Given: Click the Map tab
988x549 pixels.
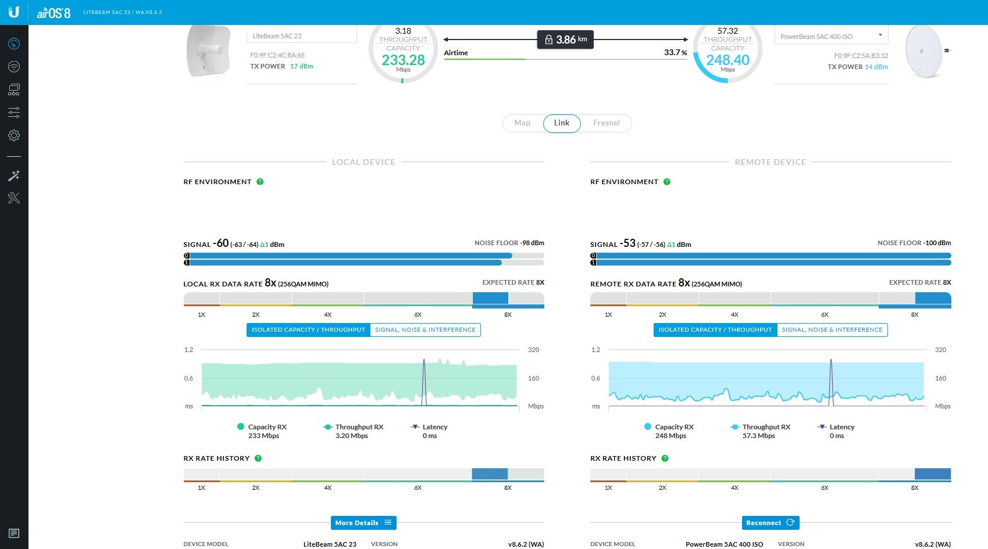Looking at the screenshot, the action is coord(522,123).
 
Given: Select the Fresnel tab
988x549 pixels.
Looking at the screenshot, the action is coord(607,123).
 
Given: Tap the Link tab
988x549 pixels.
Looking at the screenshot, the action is coord(562,123).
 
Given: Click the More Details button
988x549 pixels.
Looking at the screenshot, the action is coord(363,522).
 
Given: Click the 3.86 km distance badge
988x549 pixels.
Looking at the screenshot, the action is coord(565,40).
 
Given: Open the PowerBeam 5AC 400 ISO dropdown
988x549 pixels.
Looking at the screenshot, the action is coord(831,36).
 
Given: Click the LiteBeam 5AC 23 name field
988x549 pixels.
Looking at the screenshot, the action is coord(301,35).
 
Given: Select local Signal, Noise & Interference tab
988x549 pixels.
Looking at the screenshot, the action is coord(425,329).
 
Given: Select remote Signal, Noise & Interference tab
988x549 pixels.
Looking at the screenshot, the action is coord(832,329).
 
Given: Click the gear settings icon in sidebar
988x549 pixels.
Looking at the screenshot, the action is coord(14,135).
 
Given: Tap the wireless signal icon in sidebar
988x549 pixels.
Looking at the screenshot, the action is coord(14,67).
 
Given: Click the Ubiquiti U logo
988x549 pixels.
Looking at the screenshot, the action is coord(14,12).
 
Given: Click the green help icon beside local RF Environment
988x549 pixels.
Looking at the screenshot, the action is coord(261,181).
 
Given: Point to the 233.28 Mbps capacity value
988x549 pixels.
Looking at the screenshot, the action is coord(403,60).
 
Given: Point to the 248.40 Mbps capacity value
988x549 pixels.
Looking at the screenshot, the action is coord(727,60).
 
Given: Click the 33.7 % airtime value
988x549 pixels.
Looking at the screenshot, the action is coord(675,52).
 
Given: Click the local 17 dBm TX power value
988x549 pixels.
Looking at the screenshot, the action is coord(302,66).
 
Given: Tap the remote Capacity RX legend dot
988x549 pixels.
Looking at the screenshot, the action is coord(647,426).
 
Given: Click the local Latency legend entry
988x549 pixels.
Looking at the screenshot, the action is coord(429,431).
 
